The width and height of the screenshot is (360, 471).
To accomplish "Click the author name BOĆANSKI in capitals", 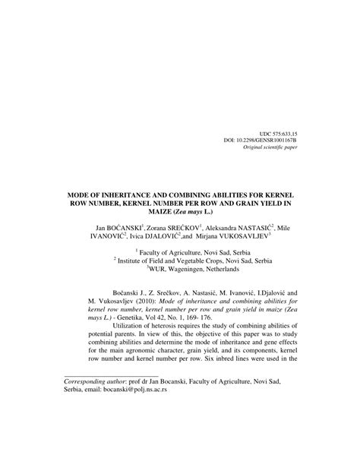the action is [x=128, y=226].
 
